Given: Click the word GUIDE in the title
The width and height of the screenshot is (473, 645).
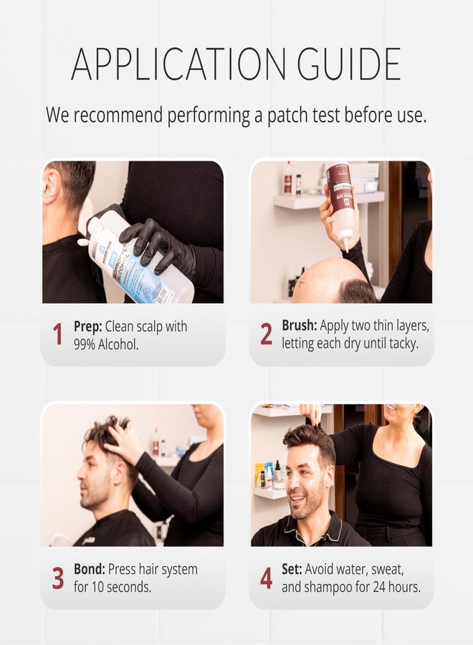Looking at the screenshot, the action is (x=349, y=64).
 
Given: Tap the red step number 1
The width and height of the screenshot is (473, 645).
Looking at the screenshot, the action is (x=58, y=334).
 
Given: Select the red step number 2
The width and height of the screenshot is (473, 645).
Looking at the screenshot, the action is (x=266, y=333).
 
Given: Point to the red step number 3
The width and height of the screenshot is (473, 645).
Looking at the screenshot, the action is (x=58, y=578).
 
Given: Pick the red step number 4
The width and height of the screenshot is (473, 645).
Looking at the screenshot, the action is (x=266, y=578).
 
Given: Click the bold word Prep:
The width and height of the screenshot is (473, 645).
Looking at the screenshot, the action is (x=87, y=327).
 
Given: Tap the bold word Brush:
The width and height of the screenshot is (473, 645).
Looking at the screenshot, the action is (x=300, y=325).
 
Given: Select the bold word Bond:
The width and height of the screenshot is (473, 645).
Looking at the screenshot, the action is (x=90, y=569).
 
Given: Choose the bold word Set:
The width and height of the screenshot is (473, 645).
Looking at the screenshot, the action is (x=292, y=569).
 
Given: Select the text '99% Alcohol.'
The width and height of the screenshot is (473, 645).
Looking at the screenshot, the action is (x=105, y=344).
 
